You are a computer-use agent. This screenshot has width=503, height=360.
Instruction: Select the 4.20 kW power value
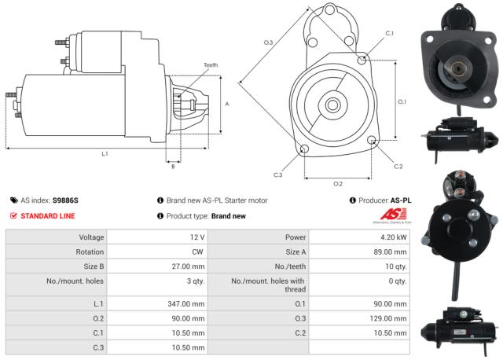tap(391, 237)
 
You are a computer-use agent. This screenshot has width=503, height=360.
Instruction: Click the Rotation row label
tap(86, 252)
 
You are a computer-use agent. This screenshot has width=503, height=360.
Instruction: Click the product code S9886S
tap(65, 200)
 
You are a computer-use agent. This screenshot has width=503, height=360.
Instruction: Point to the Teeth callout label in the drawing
tap(211, 65)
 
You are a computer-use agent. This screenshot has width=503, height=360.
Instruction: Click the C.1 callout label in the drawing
tap(389, 33)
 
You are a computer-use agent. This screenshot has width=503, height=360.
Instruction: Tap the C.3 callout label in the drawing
tap(278, 174)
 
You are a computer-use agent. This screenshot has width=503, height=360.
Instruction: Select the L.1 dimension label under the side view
tap(105, 154)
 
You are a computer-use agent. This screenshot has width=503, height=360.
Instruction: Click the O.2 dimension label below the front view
tap(338, 183)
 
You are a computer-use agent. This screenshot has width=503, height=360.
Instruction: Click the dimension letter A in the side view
tap(227, 104)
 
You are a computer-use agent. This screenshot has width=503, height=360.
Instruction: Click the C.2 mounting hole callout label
tap(398, 166)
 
